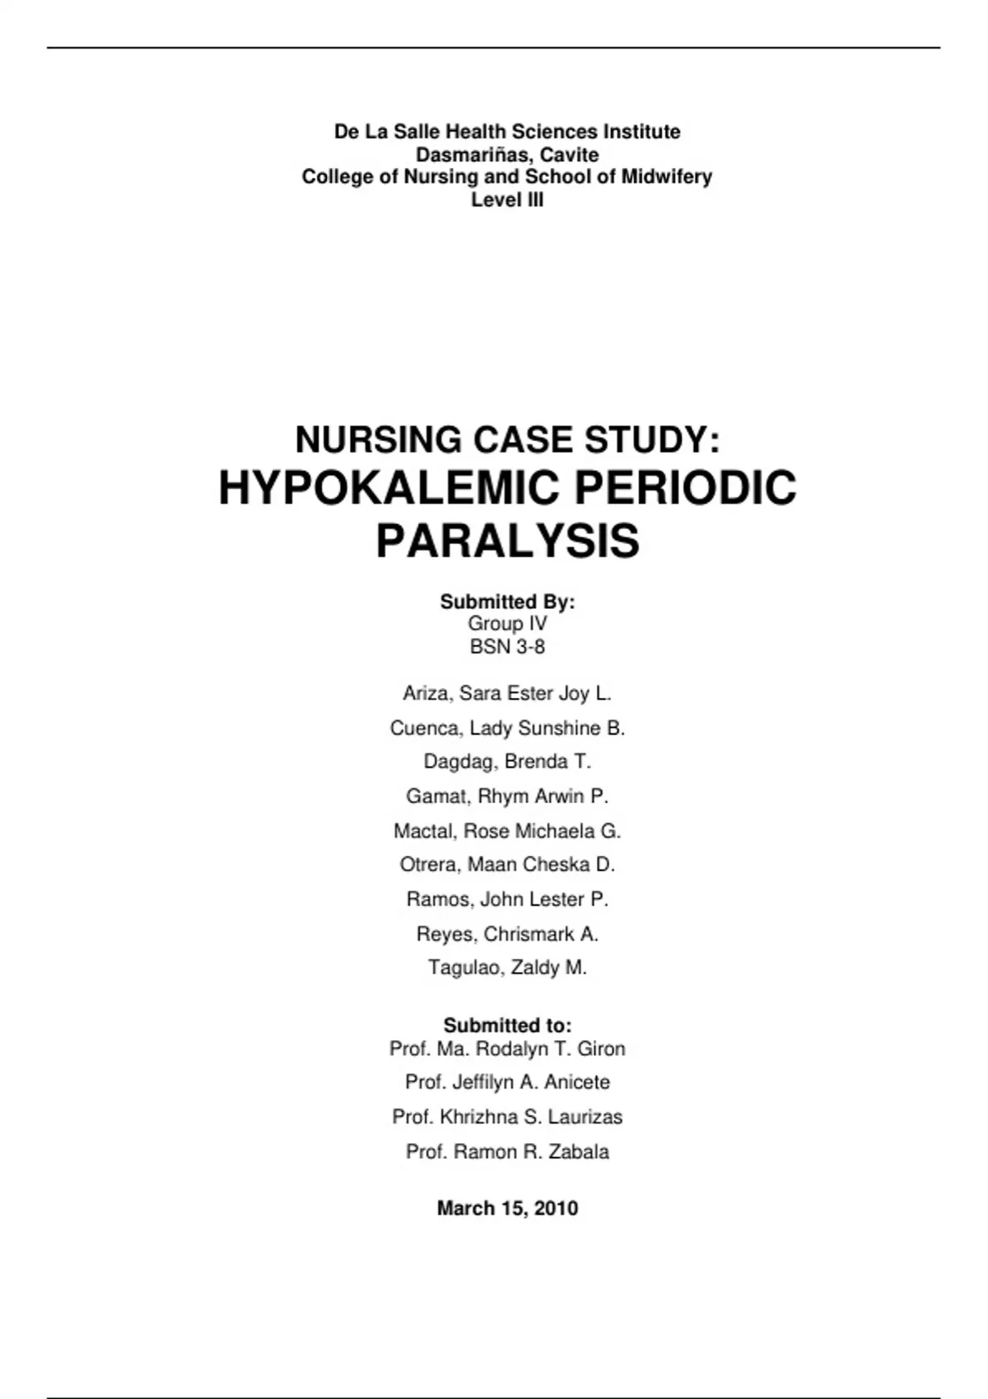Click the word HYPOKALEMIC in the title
[x=390, y=488]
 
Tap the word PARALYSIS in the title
[x=507, y=541]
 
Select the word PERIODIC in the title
[x=685, y=488]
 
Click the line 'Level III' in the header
[x=507, y=199]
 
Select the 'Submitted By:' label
[x=507, y=602]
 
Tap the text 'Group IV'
[x=507, y=624]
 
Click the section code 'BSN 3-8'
[x=507, y=647]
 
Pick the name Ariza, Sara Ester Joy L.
[x=507, y=694]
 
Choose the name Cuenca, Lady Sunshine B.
[x=507, y=728]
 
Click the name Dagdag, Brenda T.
[x=507, y=762]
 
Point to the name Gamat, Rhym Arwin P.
[x=507, y=797]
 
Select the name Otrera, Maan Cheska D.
[x=507, y=865]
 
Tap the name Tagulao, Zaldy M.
[x=507, y=968]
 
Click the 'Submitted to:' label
[x=507, y=1025]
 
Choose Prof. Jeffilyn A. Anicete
[x=507, y=1082]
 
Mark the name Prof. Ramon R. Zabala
[x=507, y=1151]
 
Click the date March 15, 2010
[x=507, y=1208]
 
